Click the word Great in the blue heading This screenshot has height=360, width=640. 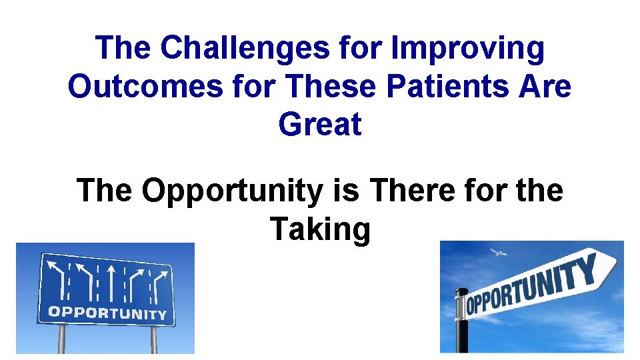click(320, 125)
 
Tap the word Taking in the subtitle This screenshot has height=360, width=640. click(320, 229)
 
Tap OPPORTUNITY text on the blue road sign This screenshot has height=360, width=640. click(107, 312)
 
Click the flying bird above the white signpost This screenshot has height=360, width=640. click(497, 253)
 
